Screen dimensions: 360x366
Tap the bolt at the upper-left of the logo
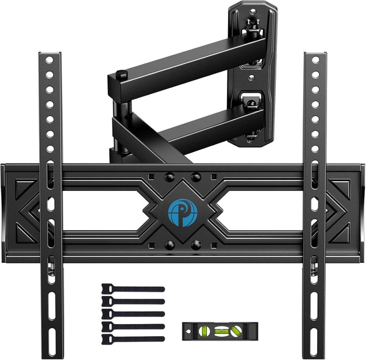click(170, 177)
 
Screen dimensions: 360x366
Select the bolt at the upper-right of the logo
click(196, 177)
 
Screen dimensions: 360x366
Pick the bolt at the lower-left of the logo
click(170, 243)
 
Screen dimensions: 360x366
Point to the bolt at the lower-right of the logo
click(196, 243)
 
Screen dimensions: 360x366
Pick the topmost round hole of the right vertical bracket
click(315, 63)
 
